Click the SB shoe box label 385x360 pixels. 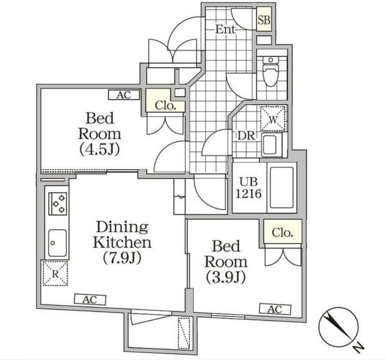(264, 20)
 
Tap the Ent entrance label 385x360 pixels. (225, 30)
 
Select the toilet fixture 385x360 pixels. (270, 71)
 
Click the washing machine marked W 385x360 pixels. (273, 119)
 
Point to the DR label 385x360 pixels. (246, 135)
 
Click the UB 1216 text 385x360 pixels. (248, 188)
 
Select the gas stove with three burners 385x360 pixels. (58, 204)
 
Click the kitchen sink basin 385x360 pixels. (57, 243)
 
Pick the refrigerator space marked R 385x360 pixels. (55, 273)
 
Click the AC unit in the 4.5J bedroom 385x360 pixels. (124, 95)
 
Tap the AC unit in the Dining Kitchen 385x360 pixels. (90, 300)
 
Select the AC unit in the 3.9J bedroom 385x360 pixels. (275, 310)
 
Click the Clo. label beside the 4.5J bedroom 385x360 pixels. (165, 106)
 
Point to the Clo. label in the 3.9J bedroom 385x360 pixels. (282, 233)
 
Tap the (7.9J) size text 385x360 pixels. (122, 258)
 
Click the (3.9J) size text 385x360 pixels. (226, 277)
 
